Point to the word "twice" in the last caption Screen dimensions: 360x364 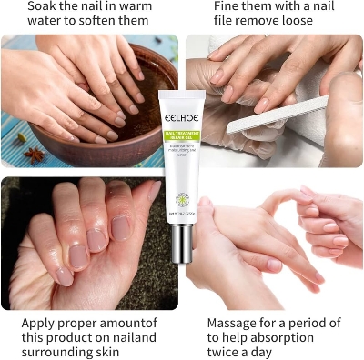(226, 354)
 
